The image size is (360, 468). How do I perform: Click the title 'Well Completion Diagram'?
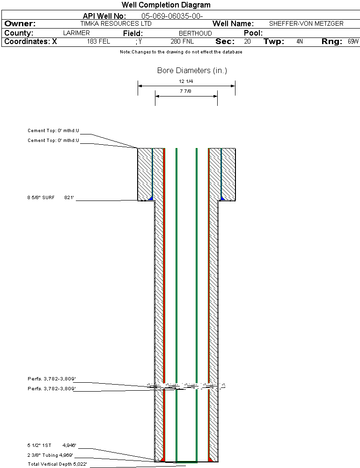(x=166, y=5)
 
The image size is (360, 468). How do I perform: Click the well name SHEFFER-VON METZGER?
(x=306, y=23)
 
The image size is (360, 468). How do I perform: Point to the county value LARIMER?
(x=76, y=33)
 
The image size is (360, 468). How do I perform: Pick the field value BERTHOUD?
(x=195, y=33)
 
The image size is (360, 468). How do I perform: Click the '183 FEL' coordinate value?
(x=98, y=41)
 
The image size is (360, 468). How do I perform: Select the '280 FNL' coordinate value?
(x=182, y=41)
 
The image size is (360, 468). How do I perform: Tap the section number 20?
(x=247, y=41)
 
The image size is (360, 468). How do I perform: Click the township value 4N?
(x=300, y=41)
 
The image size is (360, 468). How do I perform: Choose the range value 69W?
(x=353, y=41)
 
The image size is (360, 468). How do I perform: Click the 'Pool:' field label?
(x=253, y=33)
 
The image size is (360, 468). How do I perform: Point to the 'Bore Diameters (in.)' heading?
(x=192, y=71)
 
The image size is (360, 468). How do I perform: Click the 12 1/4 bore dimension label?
(x=186, y=82)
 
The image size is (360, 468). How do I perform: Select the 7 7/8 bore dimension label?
(x=186, y=91)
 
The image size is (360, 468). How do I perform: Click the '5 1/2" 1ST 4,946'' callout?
(x=51, y=446)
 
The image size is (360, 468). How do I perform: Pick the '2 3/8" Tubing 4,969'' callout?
(x=50, y=455)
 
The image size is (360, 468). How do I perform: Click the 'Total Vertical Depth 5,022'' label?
(x=58, y=464)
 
